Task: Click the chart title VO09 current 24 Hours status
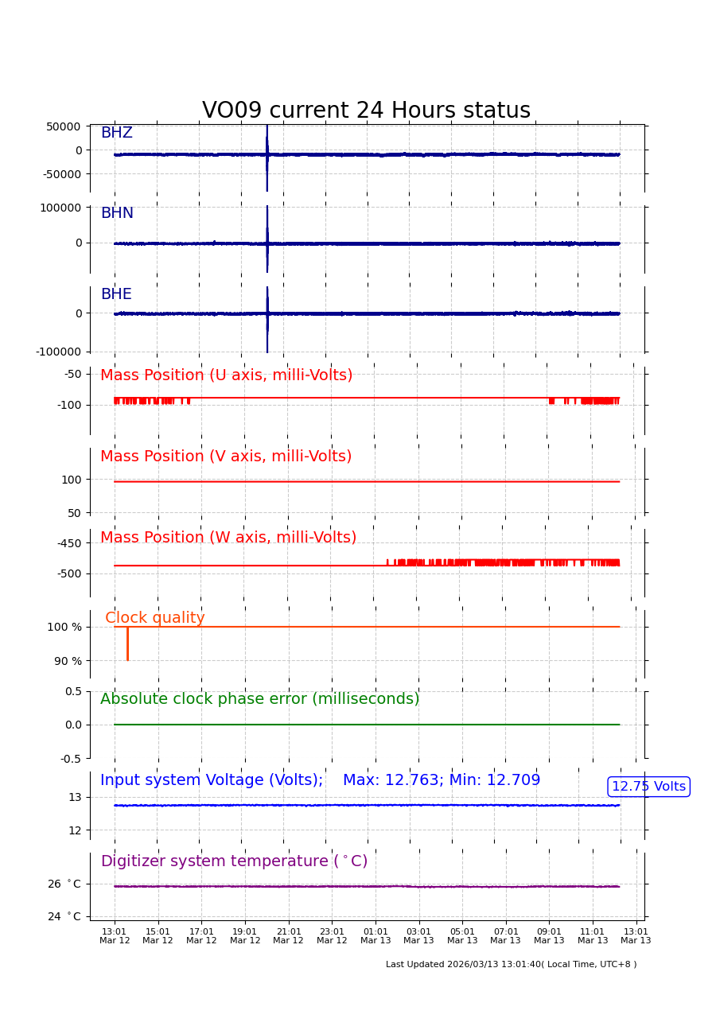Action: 366,111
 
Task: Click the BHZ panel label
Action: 116,134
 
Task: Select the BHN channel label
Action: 117,214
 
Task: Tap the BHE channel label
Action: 116,295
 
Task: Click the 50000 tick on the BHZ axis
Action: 64,126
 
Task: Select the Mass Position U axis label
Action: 226,375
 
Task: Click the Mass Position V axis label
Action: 226,457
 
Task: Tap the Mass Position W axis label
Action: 228,538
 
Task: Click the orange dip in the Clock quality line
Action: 127,646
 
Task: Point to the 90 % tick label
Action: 68,661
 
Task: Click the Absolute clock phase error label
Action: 259,699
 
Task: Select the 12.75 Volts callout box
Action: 648,787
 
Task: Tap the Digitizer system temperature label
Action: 234,861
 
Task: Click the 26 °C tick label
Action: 64,884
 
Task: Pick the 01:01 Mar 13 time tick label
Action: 376,936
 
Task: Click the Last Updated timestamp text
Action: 511,965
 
